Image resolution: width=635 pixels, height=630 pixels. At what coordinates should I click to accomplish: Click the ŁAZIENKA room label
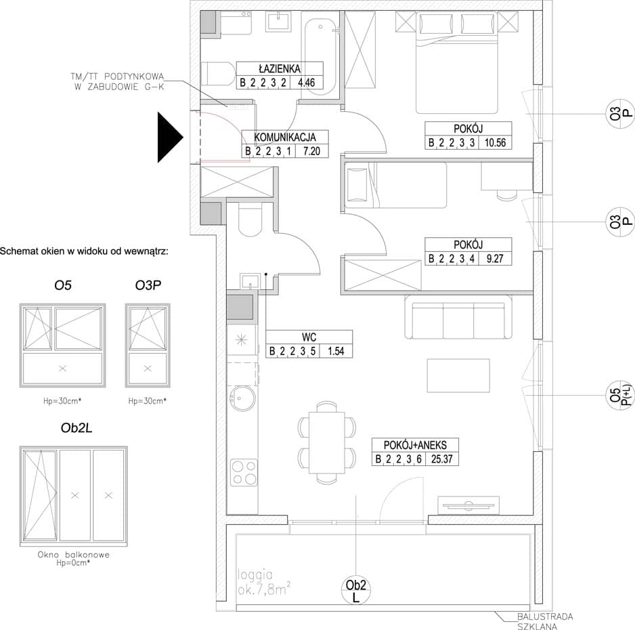click(280, 68)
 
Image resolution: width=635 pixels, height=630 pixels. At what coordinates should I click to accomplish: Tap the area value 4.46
click(306, 83)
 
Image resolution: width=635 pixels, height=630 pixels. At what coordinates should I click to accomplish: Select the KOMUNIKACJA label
click(285, 138)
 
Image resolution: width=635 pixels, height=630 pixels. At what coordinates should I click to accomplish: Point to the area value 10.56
click(496, 143)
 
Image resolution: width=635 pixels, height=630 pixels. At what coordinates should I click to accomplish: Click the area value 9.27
click(495, 259)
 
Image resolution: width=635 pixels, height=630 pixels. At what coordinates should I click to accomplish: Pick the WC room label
click(309, 337)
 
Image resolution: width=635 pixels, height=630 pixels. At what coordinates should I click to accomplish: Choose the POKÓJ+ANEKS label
click(415, 445)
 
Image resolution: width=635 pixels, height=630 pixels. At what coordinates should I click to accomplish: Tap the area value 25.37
click(442, 459)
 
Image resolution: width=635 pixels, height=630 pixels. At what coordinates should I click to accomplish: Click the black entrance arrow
click(171, 138)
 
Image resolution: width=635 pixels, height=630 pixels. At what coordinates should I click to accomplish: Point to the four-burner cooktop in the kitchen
click(244, 472)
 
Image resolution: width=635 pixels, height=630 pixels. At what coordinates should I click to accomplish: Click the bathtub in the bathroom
click(319, 53)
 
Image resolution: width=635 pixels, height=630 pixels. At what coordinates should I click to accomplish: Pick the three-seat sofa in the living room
click(458, 317)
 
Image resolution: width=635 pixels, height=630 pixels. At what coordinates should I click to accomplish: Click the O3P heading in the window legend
click(148, 286)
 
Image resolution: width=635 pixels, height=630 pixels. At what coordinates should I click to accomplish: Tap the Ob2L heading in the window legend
click(76, 428)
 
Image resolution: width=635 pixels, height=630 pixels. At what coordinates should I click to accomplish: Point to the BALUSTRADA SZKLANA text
click(545, 621)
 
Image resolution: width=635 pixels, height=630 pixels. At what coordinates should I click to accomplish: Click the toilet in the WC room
click(251, 219)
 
